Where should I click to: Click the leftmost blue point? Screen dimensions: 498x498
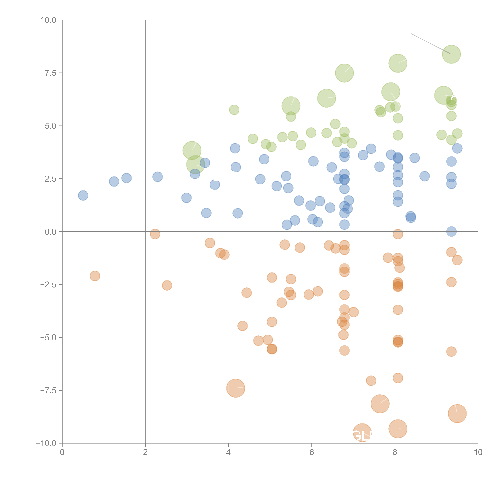click(83, 195)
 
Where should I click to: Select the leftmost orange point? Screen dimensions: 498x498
click(95, 276)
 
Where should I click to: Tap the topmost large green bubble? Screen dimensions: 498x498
click(451, 54)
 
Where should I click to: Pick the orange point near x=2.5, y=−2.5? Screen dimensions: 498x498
click(167, 285)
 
